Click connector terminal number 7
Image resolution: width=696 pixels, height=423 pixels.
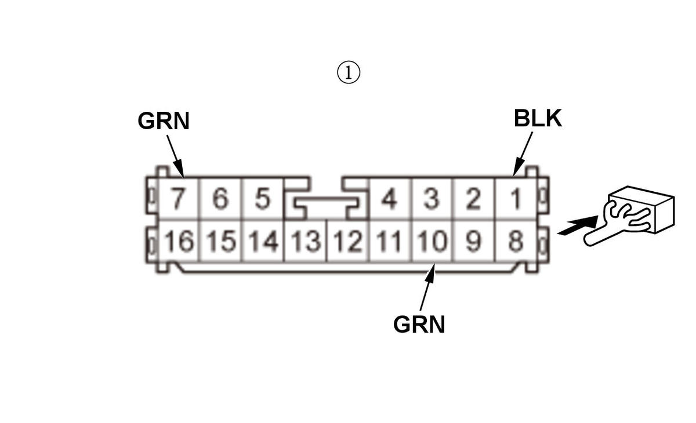(x=177, y=200)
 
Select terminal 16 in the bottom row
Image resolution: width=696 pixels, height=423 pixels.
(x=178, y=241)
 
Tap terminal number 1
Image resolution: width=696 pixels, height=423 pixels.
(x=516, y=200)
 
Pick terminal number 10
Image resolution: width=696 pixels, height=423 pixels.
(x=432, y=241)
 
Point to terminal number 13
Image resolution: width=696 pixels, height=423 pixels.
(x=306, y=241)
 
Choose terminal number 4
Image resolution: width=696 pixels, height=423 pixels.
(x=389, y=200)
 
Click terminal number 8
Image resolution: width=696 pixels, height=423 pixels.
(x=516, y=241)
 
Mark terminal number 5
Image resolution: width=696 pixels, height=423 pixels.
(x=262, y=200)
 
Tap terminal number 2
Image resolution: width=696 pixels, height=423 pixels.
(x=474, y=200)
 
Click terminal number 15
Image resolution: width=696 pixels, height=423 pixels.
(x=220, y=241)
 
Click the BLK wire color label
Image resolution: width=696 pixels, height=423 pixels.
(x=538, y=118)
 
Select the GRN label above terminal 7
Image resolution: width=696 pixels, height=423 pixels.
(x=164, y=121)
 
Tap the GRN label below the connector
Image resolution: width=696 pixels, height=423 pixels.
(x=419, y=324)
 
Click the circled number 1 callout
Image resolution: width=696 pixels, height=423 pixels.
(x=349, y=73)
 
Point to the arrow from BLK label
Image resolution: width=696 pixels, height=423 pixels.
(x=523, y=153)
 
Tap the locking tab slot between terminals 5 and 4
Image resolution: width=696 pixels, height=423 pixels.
(x=326, y=204)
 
